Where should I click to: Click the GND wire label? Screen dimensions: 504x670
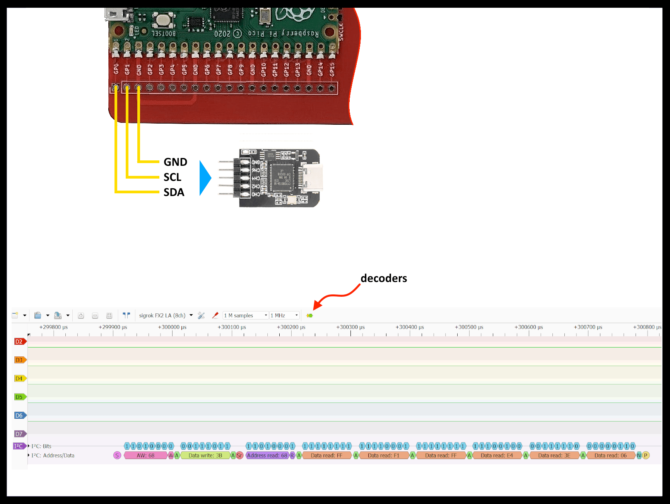pyautogui.click(x=175, y=162)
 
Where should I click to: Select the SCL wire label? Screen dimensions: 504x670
pyautogui.click(x=172, y=177)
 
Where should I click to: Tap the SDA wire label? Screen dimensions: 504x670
pyautogui.click(x=174, y=192)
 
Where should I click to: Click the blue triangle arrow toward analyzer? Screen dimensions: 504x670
pyautogui.click(x=205, y=178)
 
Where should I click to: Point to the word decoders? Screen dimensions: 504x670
pyautogui.click(x=383, y=278)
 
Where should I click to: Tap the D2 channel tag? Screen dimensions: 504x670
pyautogui.click(x=19, y=342)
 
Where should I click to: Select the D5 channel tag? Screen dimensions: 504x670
pyautogui.click(x=19, y=397)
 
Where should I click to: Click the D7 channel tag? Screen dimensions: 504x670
pyautogui.click(x=19, y=434)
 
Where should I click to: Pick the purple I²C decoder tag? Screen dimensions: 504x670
pyautogui.click(x=19, y=446)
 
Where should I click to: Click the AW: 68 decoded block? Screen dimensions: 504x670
pyautogui.click(x=145, y=456)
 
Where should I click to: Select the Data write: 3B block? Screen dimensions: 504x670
pyautogui.click(x=205, y=456)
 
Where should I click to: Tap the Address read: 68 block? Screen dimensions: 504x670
pyautogui.click(x=267, y=456)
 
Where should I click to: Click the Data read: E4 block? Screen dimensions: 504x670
pyautogui.click(x=497, y=456)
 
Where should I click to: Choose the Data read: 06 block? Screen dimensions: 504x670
pyautogui.click(x=610, y=456)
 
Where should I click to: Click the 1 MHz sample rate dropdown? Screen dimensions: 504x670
pyautogui.click(x=284, y=315)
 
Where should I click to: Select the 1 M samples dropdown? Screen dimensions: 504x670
pyautogui.click(x=245, y=315)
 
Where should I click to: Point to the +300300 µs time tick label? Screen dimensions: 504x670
pyautogui.click(x=350, y=327)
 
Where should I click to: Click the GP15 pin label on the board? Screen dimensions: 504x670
pyautogui.click(x=332, y=70)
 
